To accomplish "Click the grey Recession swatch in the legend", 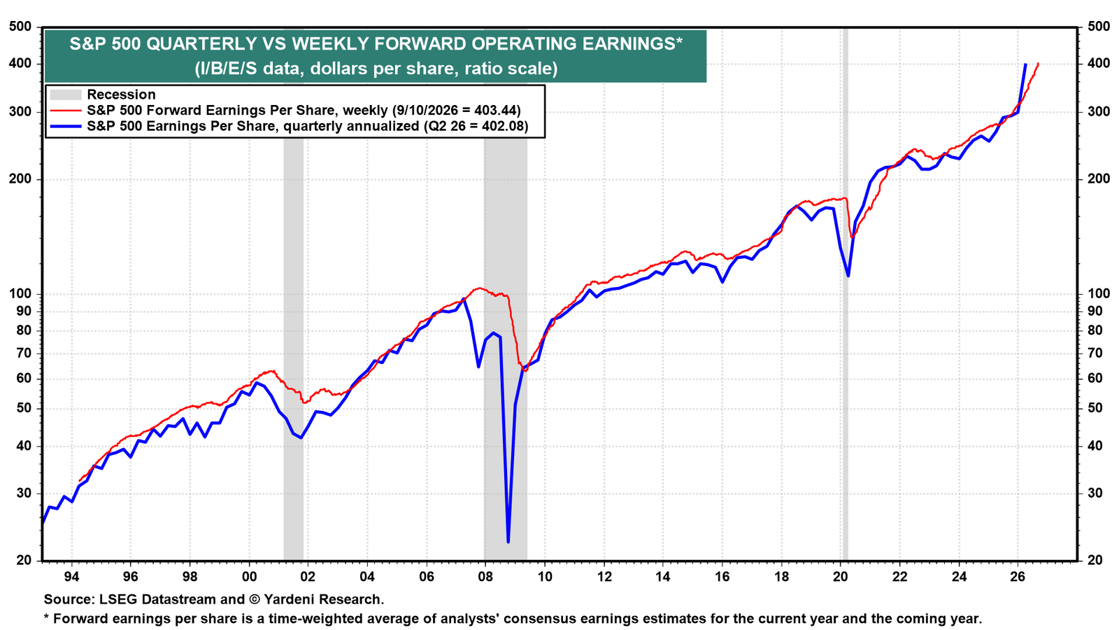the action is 66,94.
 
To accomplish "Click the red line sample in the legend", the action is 66,111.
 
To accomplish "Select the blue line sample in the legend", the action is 66,126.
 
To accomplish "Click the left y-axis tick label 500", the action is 20,27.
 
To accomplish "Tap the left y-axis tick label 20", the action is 24,561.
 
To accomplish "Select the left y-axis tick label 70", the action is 24,353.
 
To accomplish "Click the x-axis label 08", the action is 485,577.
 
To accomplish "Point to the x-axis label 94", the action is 71,577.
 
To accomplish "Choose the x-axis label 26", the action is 1018,577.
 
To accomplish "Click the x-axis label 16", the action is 722,577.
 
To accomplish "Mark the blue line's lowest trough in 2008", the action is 508,542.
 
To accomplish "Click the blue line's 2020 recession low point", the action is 848,276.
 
